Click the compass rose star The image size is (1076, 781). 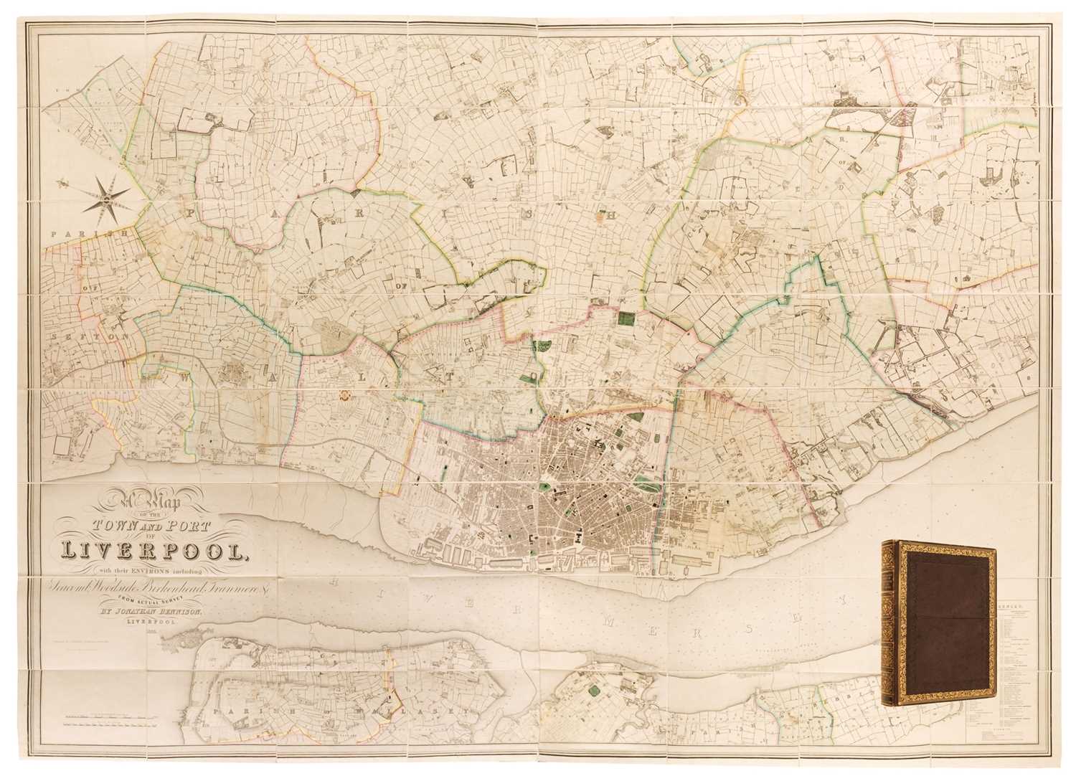point(105,191)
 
